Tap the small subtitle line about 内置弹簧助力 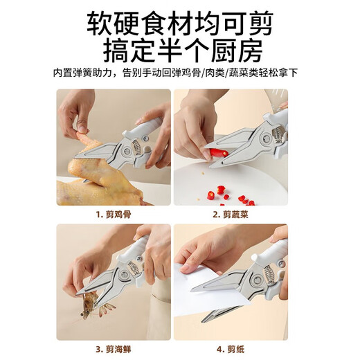pyautogui.click(x=179, y=72)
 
